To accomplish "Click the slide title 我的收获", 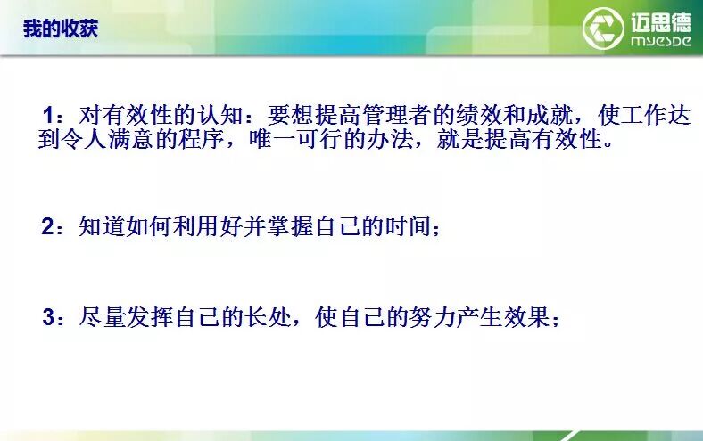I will coord(60,29).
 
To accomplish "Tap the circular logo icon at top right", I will coord(603,28).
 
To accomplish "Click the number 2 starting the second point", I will coord(48,226).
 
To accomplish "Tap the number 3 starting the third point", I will coord(48,317).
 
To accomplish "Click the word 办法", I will coord(435,141).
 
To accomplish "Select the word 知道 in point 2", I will coord(99,226).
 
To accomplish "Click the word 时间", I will coord(411,226).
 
